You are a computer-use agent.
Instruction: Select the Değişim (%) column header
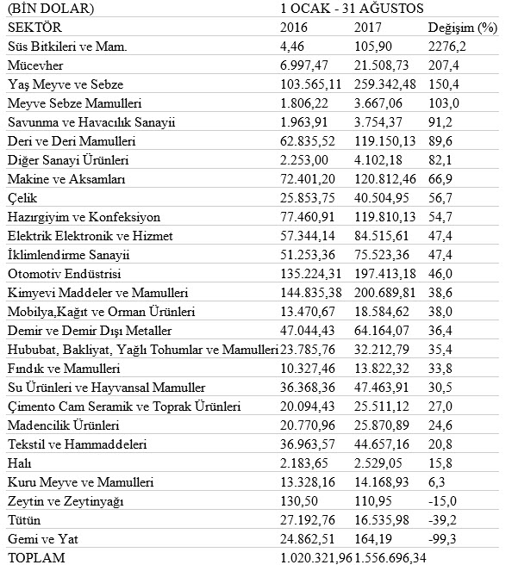[x=462, y=28]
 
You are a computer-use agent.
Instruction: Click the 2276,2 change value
[x=447, y=47]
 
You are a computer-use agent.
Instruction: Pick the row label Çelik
[x=22, y=197]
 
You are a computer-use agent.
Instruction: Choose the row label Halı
[x=19, y=463]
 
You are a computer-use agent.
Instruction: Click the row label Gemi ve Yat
[x=38, y=539]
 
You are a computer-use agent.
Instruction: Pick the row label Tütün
[x=24, y=520]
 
